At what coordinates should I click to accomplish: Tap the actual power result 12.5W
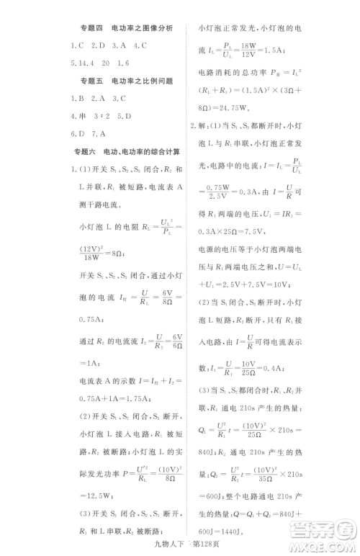pos(96,496)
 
